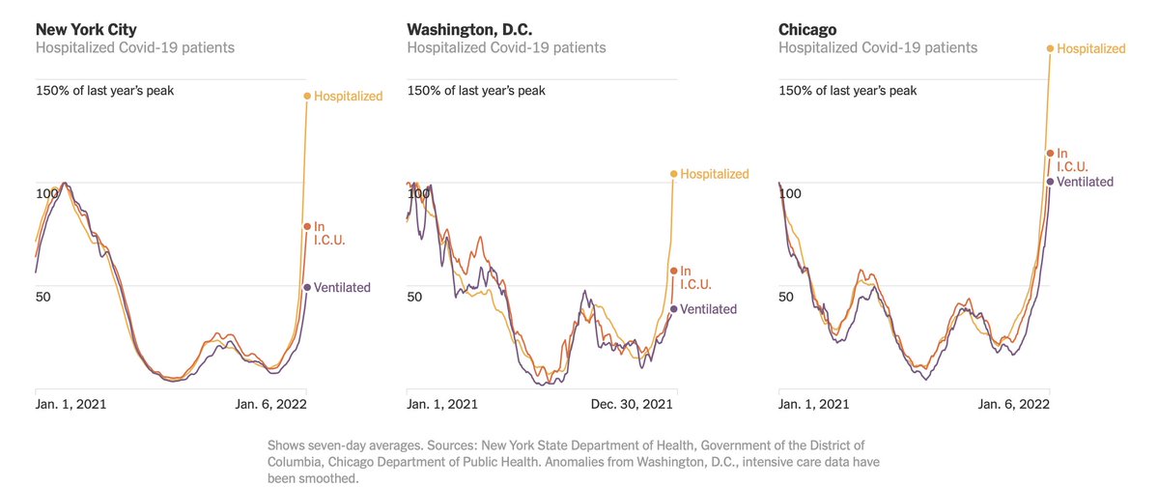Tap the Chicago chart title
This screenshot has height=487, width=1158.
[808, 28]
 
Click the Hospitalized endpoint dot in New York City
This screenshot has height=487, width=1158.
[307, 96]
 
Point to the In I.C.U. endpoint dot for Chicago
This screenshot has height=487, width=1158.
[1050, 153]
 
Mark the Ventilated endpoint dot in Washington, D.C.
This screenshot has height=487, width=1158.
[673, 309]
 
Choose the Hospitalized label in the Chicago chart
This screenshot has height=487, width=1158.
[1091, 48]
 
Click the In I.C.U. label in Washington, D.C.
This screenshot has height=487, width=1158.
[695, 277]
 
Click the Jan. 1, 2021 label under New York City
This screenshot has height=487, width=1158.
[72, 404]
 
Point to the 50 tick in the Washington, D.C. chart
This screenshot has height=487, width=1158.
[415, 297]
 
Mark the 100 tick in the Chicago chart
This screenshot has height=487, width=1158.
[790, 194]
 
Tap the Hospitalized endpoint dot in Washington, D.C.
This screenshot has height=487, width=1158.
[673, 174]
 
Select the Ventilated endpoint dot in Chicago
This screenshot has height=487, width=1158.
[1050, 181]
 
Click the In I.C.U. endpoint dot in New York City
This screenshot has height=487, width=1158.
[307, 226]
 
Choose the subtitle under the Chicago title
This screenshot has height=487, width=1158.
[878, 47]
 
